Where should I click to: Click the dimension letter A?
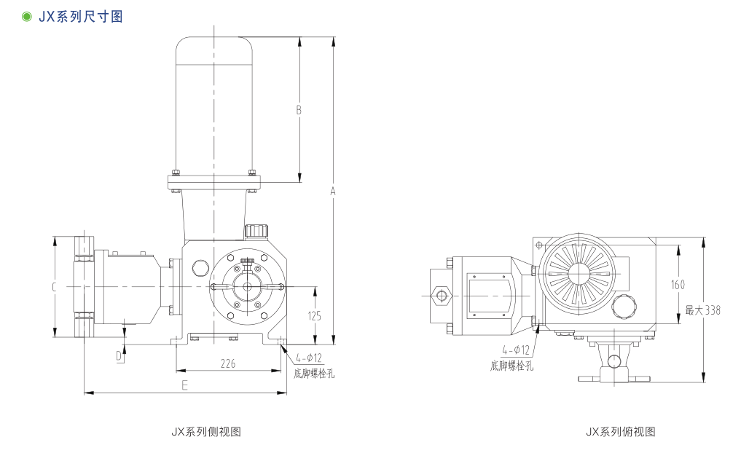[333, 191]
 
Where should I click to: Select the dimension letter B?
[299, 110]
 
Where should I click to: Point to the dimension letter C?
[54, 288]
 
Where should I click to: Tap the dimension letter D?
[119, 355]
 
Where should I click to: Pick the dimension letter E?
[184, 385]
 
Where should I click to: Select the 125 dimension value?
[315, 316]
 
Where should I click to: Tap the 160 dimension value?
[678, 285]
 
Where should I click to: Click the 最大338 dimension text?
[702, 310]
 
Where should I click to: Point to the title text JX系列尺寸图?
[79, 16]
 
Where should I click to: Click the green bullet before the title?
[27, 16]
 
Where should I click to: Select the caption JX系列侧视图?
[206, 432]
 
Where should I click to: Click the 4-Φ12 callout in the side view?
[309, 358]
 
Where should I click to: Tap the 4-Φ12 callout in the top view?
[516, 350]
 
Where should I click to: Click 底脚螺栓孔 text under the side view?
[314, 374]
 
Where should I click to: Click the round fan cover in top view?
[580, 273]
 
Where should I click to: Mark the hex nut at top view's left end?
[441, 296]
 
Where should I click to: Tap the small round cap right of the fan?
[624, 305]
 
